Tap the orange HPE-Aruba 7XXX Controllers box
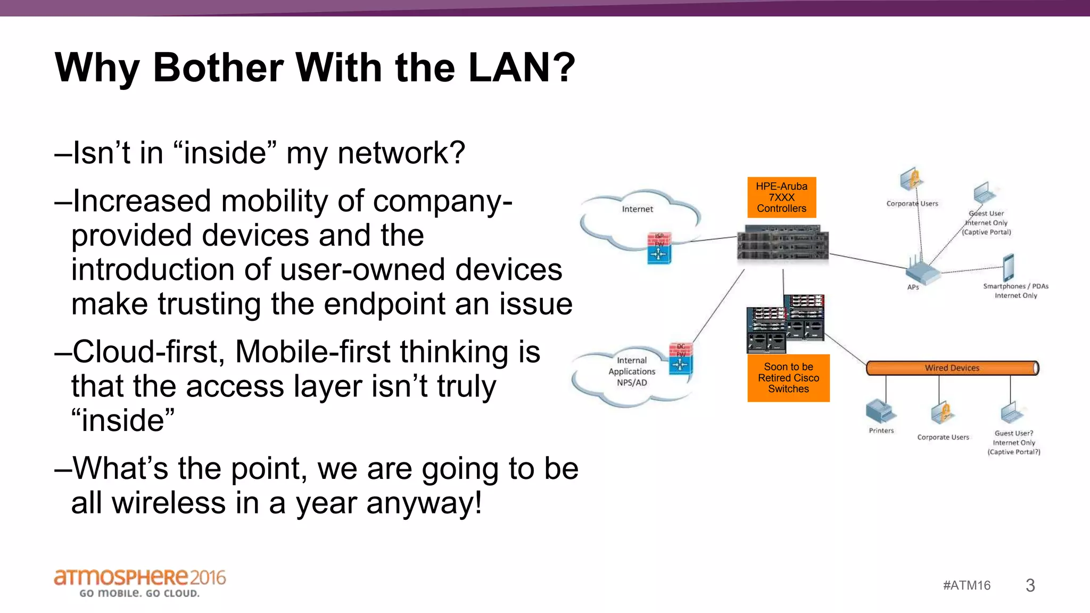coord(781,197)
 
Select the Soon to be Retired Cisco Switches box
coord(788,378)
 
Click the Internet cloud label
coord(637,209)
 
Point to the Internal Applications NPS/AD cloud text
coord(632,371)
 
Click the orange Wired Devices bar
coord(952,368)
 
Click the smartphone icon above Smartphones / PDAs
coord(1009,267)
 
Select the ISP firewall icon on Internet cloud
coord(659,248)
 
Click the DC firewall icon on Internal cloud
coord(680,359)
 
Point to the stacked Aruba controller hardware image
coord(782,243)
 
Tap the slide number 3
coord(1030,585)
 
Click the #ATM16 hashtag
coord(967,585)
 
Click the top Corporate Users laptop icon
coord(911,179)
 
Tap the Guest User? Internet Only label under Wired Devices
coord(1013,442)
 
